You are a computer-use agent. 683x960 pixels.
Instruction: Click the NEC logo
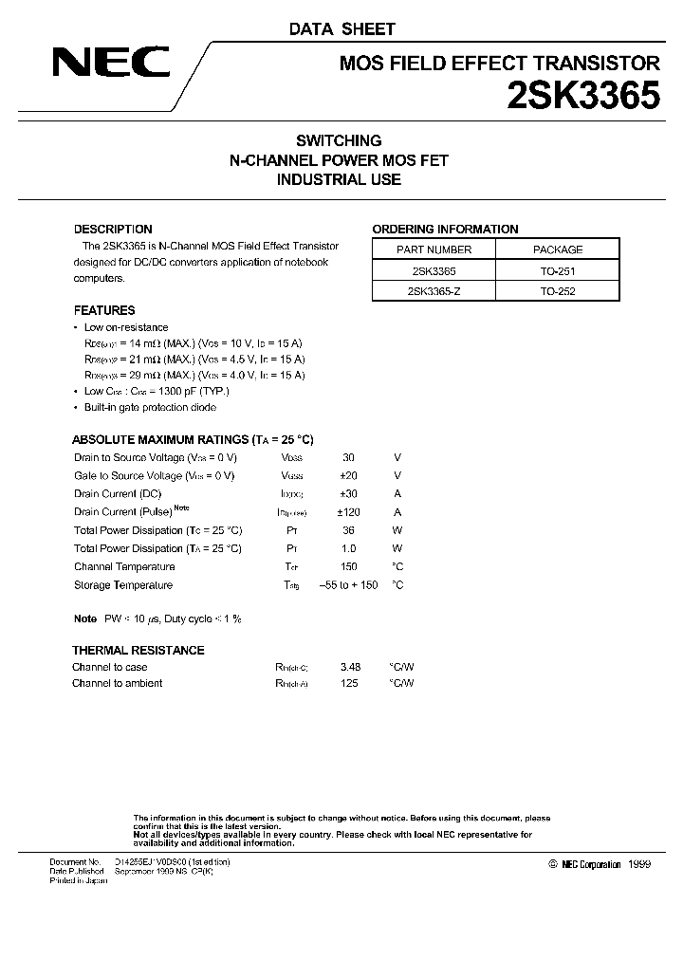pyautogui.click(x=111, y=64)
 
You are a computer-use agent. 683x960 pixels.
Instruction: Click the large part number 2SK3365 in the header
pyautogui.click(x=579, y=97)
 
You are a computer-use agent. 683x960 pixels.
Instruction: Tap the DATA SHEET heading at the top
pyautogui.click(x=341, y=29)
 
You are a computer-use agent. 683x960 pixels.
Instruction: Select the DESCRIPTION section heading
pyautogui.click(x=113, y=229)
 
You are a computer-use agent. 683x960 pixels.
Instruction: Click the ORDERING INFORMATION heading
pyautogui.click(x=445, y=229)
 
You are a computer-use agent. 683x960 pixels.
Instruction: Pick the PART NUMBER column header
pyautogui.click(x=433, y=249)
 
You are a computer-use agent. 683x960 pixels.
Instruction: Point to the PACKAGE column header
pyautogui.click(x=558, y=249)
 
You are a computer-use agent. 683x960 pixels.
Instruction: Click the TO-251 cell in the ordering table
pyautogui.click(x=558, y=270)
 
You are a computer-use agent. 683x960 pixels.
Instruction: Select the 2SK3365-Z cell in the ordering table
pyautogui.click(x=433, y=291)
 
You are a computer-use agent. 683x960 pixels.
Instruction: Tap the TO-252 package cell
pyautogui.click(x=558, y=291)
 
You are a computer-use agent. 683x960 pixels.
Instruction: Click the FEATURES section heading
pyautogui.click(x=104, y=310)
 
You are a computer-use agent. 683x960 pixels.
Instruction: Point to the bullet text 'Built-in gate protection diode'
pyautogui.click(x=150, y=407)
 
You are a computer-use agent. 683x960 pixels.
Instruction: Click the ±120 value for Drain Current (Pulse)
pyautogui.click(x=348, y=511)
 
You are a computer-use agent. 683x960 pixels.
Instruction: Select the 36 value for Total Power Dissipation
pyautogui.click(x=348, y=530)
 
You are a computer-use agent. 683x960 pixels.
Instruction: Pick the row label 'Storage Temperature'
pyautogui.click(x=123, y=585)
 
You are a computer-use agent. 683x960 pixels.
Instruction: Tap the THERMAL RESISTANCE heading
pyautogui.click(x=138, y=650)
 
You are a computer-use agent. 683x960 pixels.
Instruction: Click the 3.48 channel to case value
pyautogui.click(x=350, y=667)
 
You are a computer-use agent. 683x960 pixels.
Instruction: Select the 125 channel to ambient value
pyautogui.click(x=349, y=683)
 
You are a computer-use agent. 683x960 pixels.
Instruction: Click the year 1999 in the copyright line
pyautogui.click(x=639, y=864)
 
